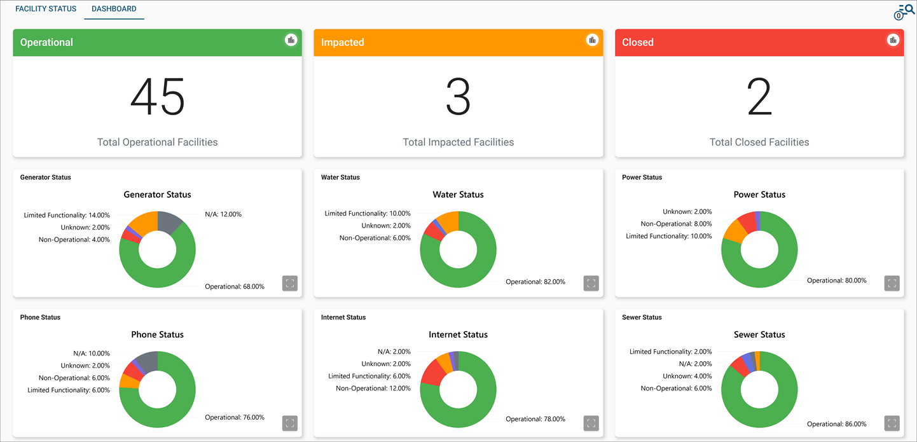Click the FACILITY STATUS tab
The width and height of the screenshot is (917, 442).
[x=46, y=9]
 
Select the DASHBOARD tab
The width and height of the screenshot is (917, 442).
[x=114, y=9]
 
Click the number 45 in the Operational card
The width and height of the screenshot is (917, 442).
[x=157, y=97]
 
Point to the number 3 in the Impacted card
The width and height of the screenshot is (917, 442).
[x=458, y=97]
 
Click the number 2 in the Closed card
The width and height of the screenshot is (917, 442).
[x=759, y=97]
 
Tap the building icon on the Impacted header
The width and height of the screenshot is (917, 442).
[x=592, y=40]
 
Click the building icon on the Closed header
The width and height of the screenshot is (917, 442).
[x=893, y=40]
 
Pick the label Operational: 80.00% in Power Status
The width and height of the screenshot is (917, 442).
[x=836, y=280]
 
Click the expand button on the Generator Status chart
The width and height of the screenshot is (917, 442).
[x=290, y=283]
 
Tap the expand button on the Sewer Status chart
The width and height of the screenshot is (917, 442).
[x=892, y=423]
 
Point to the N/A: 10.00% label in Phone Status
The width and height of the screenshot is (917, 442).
[x=92, y=354]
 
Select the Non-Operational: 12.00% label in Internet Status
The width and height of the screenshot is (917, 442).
[x=373, y=389]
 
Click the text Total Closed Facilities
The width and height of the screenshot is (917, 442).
[x=759, y=142]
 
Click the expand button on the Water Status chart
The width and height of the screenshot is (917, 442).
[x=591, y=283]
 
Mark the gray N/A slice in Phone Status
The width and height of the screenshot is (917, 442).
[x=149, y=361]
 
